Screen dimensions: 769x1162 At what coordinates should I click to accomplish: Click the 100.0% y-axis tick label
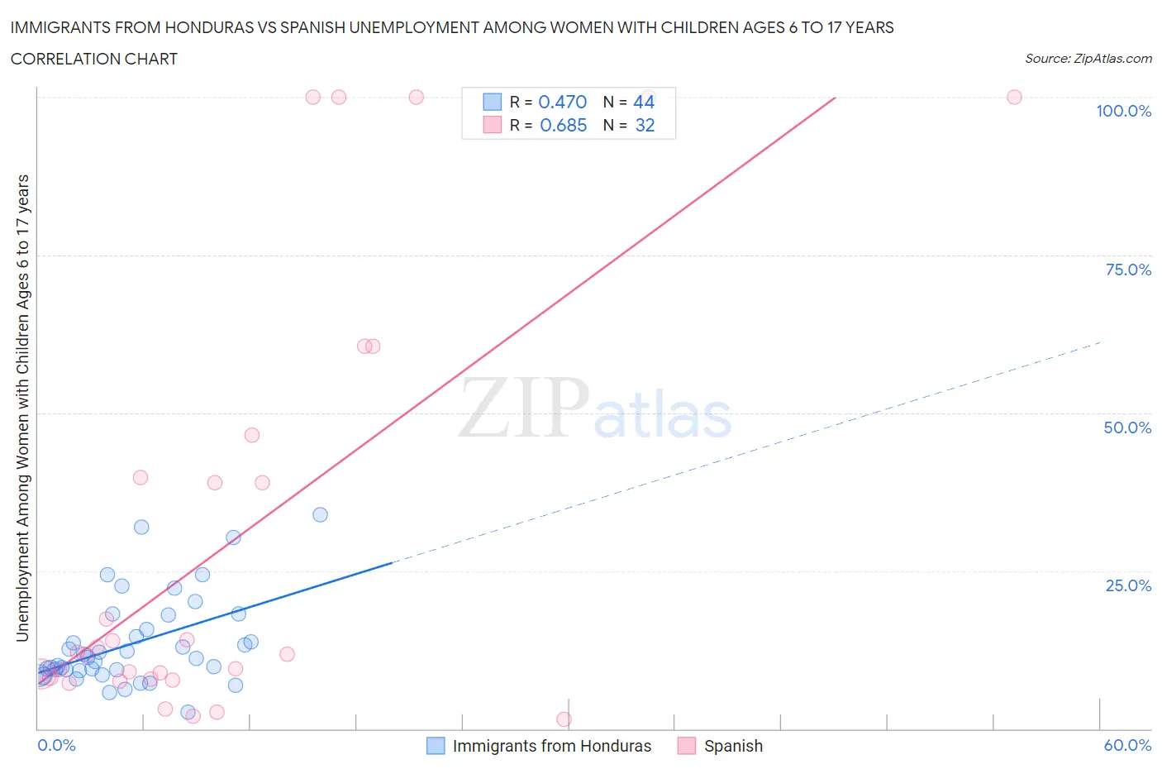1123,111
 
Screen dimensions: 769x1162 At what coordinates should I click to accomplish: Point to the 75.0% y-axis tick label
1128,270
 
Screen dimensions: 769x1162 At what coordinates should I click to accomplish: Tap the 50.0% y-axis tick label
1127,427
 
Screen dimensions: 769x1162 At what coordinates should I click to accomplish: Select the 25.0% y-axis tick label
1128,585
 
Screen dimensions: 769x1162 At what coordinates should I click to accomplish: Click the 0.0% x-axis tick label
56,745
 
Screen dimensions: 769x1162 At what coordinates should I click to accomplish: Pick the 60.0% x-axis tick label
1127,745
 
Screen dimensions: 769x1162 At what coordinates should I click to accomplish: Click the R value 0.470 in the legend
562,102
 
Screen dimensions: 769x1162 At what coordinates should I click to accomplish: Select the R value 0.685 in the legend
563,125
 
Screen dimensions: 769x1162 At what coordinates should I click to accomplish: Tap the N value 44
644,102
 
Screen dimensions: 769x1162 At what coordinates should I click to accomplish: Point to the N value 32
645,125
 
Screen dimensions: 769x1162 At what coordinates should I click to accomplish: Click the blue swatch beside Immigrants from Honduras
436,746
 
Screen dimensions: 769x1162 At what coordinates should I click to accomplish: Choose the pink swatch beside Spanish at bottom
686,746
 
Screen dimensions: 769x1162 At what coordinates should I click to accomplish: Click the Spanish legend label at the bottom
733,746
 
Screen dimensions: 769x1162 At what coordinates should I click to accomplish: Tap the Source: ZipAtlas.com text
1088,58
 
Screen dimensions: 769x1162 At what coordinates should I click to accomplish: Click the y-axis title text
22,408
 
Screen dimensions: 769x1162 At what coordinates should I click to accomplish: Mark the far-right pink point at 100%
1014,97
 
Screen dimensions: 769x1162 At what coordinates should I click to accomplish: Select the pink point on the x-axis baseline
564,719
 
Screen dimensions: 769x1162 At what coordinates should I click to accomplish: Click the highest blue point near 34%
320,514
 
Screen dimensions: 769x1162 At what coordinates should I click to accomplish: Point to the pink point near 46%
252,435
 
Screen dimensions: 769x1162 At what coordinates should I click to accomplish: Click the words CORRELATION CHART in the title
94,59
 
